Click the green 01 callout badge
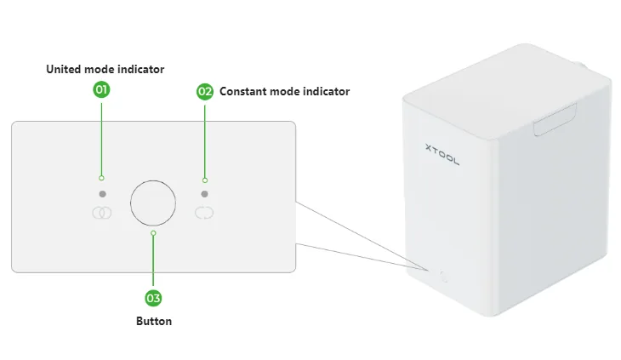coord(101,89)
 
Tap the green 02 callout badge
coord(205,91)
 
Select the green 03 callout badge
coord(153,298)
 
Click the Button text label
coord(154,321)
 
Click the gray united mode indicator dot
coord(103,194)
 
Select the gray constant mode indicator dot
coord(204,194)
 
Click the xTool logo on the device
coord(442,154)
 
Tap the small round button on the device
coord(443,277)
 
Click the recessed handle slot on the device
coord(555,120)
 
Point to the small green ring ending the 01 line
coord(101,178)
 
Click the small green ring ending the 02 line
coord(205,180)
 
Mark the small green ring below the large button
coord(153,233)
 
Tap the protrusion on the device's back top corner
coord(580,66)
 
